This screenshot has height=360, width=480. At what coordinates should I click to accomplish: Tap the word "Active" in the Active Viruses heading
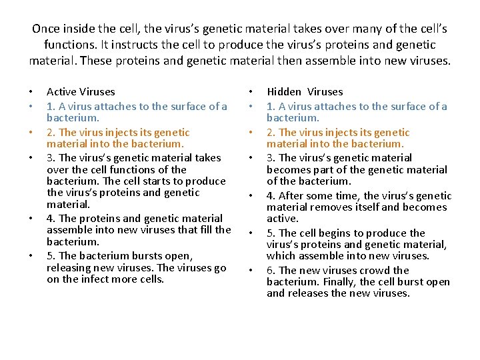point(62,92)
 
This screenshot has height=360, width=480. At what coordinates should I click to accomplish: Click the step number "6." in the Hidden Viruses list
point(271,271)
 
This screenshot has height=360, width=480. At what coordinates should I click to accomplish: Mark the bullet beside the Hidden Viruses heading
point(251,92)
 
